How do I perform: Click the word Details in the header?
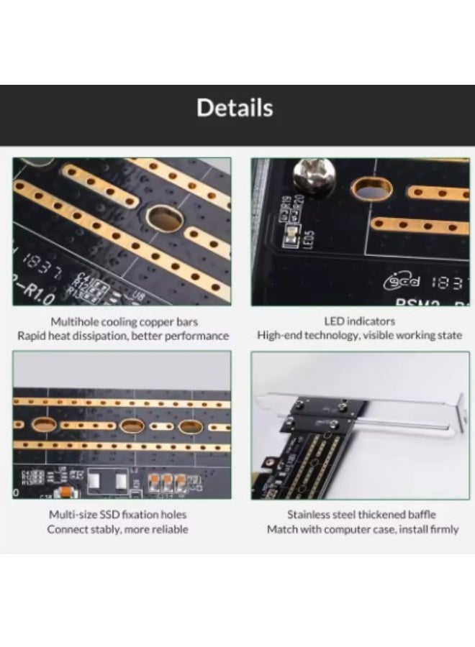(x=235, y=108)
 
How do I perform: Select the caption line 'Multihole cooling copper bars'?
(x=124, y=321)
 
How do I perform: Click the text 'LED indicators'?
(x=359, y=321)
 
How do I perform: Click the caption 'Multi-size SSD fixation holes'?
(x=117, y=515)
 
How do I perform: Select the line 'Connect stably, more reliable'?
(x=117, y=529)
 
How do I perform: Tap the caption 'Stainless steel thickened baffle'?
(x=361, y=515)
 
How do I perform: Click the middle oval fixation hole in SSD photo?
(x=132, y=426)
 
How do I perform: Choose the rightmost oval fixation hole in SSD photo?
(x=190, y=426)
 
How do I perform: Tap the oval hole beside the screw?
(x=371, y=191)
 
